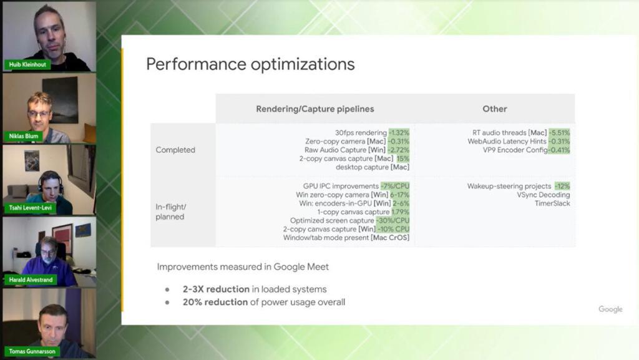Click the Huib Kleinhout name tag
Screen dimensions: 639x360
pos(27,64)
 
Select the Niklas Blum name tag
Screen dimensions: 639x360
pos(24,136)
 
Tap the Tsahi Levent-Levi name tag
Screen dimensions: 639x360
pos(30,208)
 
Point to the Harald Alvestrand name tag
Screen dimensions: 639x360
pos(31,280)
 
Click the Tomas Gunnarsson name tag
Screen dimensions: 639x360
pos(32,351)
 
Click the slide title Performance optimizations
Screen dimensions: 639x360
pos(250,64)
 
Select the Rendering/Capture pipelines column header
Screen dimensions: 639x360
pos(315,109)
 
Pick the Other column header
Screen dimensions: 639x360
pos(495,109)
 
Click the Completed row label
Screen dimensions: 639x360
pos(175,150)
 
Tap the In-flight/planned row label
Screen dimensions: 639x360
pos(170,212)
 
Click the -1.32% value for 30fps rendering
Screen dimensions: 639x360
pos(399,133)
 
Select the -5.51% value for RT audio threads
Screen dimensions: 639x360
pos(559,133)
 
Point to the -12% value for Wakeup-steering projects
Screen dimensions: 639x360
pos(562,186)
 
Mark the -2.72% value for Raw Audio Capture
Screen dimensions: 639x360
pos(398,150)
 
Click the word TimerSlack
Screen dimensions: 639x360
pos(552,203)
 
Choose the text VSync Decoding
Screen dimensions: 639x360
pos(544,195)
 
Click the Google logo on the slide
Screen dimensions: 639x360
pos(610,309)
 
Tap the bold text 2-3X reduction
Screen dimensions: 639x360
pos(216,289)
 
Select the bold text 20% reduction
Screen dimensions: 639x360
pos(215,302)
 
